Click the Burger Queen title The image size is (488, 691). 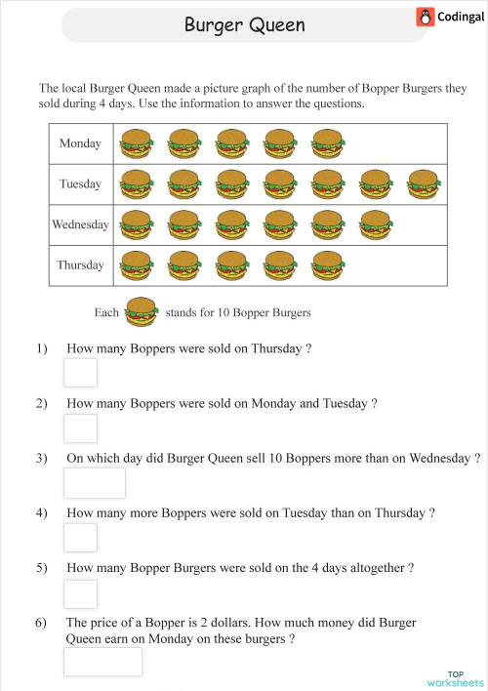pyautogui.click(x=244, y=23)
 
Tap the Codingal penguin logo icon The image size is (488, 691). pyautogui.click(x=425, y=17)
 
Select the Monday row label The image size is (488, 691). pyautogui.click(x=80, y=144)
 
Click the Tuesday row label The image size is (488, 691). pyautogui.click(x=80, y=184)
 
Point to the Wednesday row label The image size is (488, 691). pyautogui.click(x=80, y=224)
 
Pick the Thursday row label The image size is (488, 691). pyautogui.click(x=80, y=264)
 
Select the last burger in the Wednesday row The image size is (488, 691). pyautogui.click(x=375, y=224)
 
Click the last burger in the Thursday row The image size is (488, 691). pyautogui.click(x=327, y=264)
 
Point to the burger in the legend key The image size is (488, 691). pyautogui.click(x=142, y=312)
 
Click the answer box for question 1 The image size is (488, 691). pyautogui.click(x=80, y=373)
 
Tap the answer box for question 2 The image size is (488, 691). pyautogui.click(x=80, y=427)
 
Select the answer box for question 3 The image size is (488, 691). pyautogui.click(x=95, y=482)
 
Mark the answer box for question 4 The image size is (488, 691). pyautogui.click(x=80, y=538)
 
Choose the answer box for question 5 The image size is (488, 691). pyautogui.click(x=80, y=593)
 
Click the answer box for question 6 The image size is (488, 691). pyautogui.click(x=102, y=661)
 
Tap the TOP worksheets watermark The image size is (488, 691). pyautogui.click(x=456, y=678)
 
